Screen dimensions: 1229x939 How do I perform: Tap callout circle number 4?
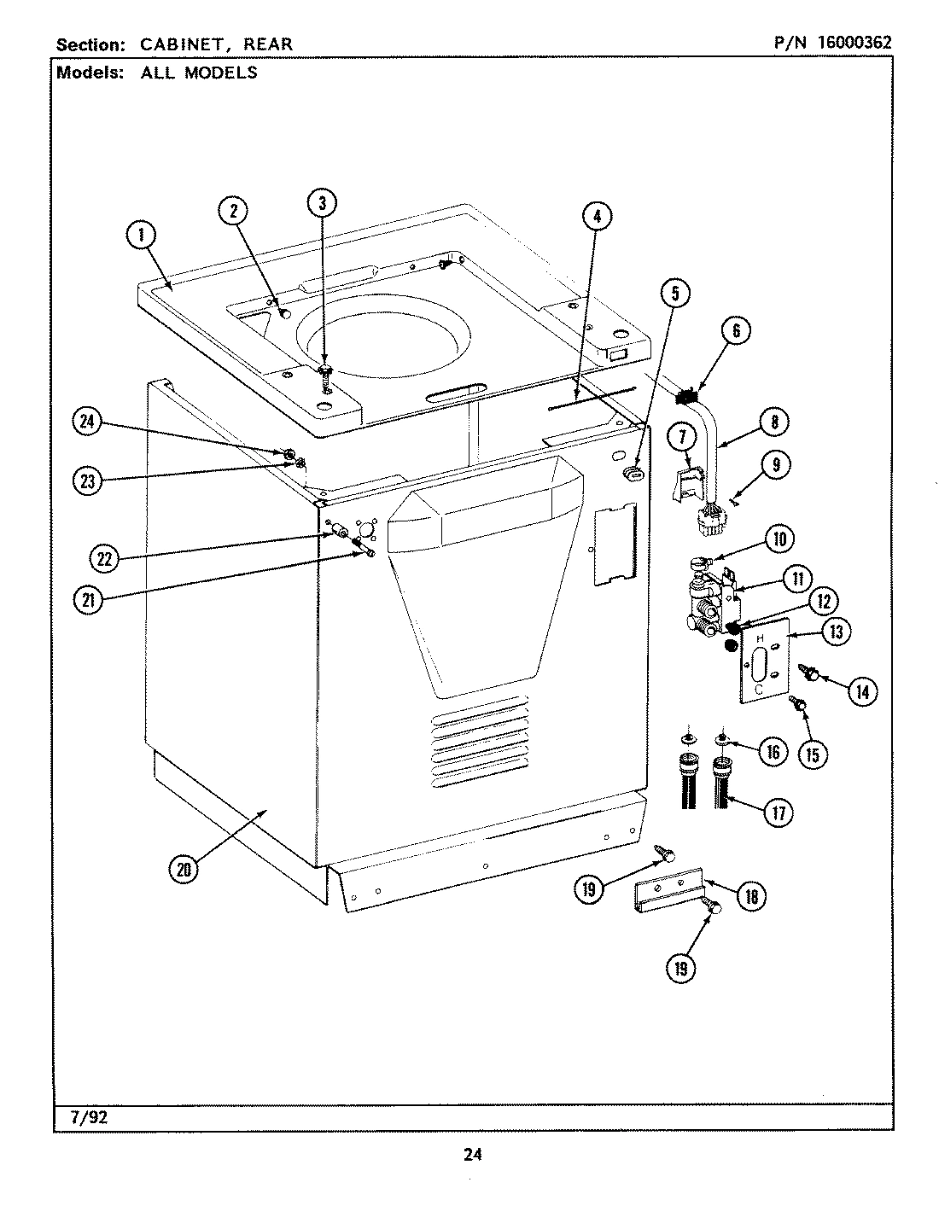click(x=598, y=217)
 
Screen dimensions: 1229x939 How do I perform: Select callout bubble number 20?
click(x=184, y=869)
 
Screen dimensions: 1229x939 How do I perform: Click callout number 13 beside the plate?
click(x=837, y=632)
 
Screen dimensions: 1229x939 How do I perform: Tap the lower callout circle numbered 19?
click(x=682, y=968)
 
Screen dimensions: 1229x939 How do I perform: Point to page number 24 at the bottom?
click(x=472, y=1155)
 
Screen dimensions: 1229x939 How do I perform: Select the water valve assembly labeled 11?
click(x=713, y=603)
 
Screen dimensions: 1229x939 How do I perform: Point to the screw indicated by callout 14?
click(x=811, y=674)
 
